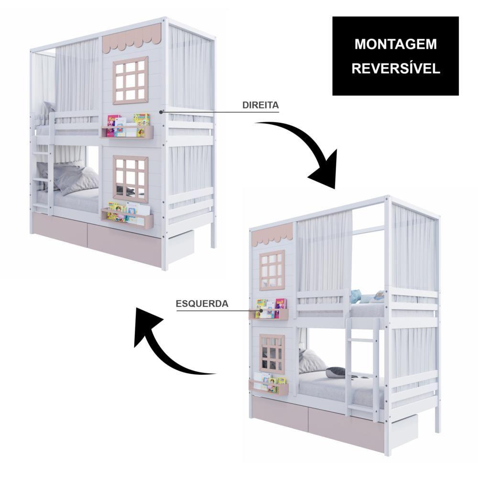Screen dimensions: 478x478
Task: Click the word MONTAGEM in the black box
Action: click(395, 44)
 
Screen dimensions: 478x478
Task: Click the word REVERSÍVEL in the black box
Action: click(396, 68)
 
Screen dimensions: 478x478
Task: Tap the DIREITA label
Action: click(261, 105)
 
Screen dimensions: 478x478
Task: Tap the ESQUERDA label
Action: click(202, 304)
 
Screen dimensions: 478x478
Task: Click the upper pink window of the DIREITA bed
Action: click(130, 80)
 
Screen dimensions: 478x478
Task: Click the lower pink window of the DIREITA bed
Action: click(130, 178)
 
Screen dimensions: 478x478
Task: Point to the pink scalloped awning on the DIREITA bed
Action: click(132, 37)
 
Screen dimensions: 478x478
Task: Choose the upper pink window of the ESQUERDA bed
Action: click(272, 271)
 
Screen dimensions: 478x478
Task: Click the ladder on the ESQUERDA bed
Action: click(362, 366)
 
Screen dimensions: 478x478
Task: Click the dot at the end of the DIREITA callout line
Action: click(161, 112)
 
